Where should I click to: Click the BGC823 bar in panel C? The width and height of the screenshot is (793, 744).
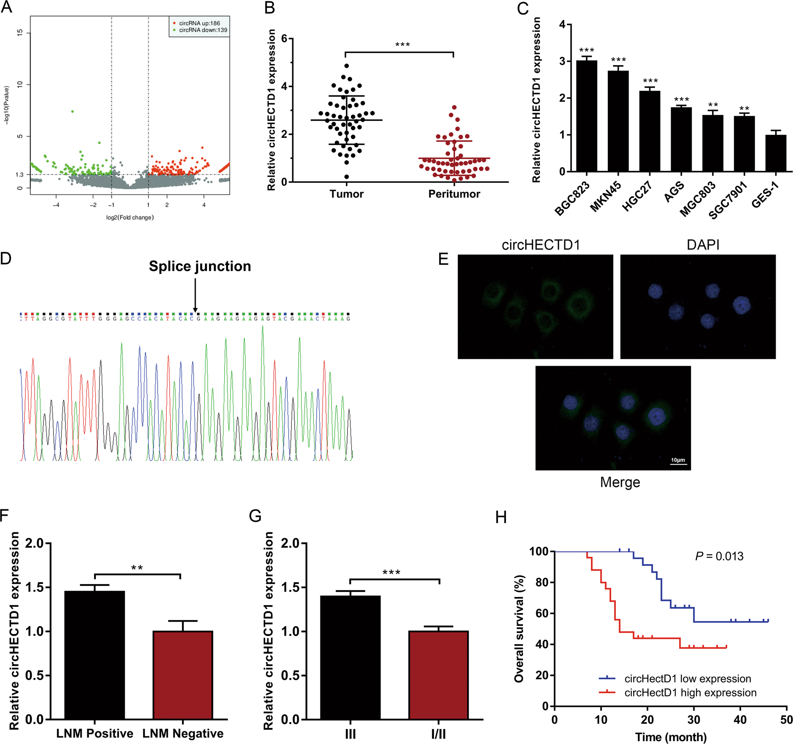click(586, 116)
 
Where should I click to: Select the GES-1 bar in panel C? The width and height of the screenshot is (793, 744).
click(775, 153)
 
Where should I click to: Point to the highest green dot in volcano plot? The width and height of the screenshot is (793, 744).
click(72, 112)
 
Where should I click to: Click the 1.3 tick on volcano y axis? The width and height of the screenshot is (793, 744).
click(19, 175)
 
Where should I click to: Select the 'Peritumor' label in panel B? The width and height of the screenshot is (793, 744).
click(454, 194)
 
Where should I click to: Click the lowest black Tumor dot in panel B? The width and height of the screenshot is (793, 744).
click(347, 177)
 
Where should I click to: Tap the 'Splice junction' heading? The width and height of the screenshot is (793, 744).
click(200, 266)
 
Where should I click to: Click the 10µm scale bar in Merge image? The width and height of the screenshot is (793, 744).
click(678, 464)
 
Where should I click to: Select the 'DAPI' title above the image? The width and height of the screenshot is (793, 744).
click(703, 245)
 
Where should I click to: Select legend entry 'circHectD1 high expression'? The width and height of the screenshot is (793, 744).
click(690, 692)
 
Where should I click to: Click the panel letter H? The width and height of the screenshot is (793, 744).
click(501, 518)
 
